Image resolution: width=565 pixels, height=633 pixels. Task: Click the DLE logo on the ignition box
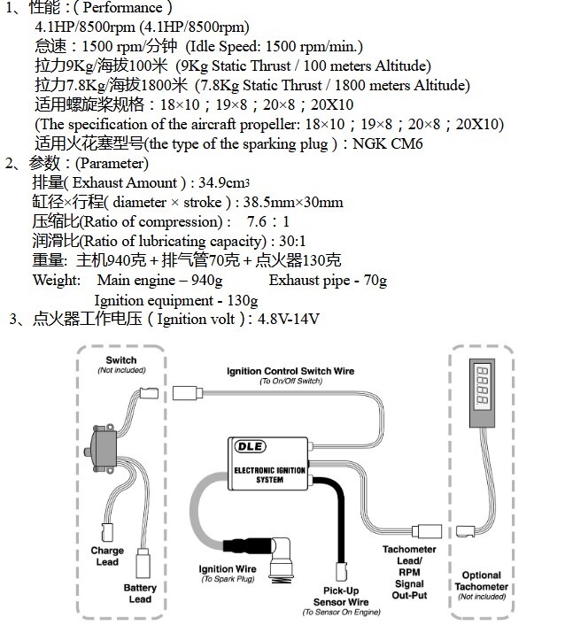coord(251,446)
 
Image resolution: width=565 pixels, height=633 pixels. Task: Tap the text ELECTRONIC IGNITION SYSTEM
coord(270,475)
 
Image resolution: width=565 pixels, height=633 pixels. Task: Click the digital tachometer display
coord(483,385)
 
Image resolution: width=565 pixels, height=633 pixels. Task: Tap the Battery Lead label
coord(140,593)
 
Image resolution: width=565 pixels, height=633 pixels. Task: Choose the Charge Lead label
coord(107,556)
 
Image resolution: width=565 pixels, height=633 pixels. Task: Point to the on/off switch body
coord(102,448)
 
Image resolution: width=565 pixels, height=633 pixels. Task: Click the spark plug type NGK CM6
coord(388,143)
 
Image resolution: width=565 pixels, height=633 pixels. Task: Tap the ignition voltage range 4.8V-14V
coord(289,319)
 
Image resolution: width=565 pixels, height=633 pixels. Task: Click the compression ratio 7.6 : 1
coord(268,221)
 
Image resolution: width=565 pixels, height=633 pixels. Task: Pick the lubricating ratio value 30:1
coord(292,241)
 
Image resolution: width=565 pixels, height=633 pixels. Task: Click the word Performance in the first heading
coord(123,8)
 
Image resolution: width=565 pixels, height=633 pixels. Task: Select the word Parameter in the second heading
coord(112,163)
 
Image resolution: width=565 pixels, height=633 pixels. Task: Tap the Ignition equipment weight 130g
coord(243,300)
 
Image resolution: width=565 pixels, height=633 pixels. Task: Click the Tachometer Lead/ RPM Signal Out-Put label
coord(409,572)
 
